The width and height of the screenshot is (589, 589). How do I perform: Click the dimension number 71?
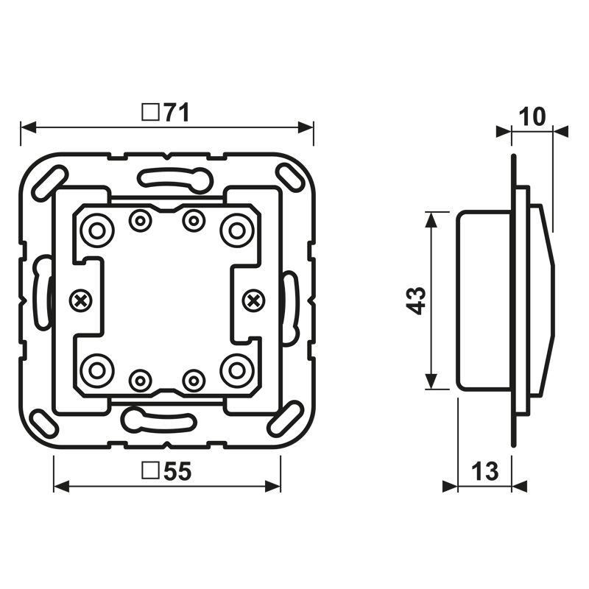177,113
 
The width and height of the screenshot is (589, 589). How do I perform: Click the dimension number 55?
177,471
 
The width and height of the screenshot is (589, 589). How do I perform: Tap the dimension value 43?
416,300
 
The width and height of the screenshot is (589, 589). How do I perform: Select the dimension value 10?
532,117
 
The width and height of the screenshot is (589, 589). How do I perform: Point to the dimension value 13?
485,471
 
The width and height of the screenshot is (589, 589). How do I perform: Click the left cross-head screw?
81,300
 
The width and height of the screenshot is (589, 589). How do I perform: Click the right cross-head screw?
254,300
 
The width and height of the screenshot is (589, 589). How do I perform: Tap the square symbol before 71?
150,113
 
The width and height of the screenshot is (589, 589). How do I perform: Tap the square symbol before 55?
150,471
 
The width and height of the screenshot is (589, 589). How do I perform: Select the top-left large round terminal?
97,230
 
